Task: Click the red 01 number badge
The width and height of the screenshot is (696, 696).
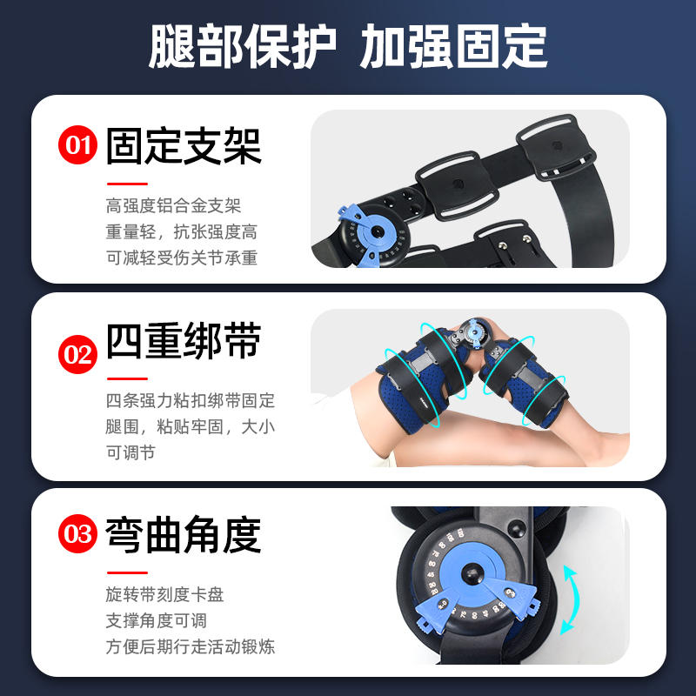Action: [x=77, y=144]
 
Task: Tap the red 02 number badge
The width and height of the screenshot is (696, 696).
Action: [x=77, y=354]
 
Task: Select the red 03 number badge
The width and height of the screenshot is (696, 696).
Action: [x=77, y=533]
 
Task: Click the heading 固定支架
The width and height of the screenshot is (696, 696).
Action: [x=184, y=145]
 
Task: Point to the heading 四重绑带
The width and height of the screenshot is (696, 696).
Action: [x=184, y=341]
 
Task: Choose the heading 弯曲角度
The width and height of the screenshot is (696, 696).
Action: [x=184, y=534]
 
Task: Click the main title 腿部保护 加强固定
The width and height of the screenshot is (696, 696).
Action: [x=348, y=46]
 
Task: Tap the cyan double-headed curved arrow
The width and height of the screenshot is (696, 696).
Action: [x=573, y=599]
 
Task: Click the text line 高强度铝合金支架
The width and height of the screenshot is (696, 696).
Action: [x=173, y=206]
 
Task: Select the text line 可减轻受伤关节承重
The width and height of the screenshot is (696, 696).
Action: [x=182, y=258]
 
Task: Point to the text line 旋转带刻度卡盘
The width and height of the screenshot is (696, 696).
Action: [x=164, y=594]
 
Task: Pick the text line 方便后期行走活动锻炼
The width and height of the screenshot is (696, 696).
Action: [x=190, y=646]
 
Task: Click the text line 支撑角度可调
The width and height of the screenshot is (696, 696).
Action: [x=157, y=620]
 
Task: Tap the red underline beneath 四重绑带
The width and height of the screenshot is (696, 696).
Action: [x=127, y=378]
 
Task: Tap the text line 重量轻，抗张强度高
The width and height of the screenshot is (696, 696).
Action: [x=182, y=231]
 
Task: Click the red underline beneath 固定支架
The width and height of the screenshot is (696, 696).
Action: [x=127, y=184]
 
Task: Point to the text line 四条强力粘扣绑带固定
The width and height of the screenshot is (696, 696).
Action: [x=190, y=401]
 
